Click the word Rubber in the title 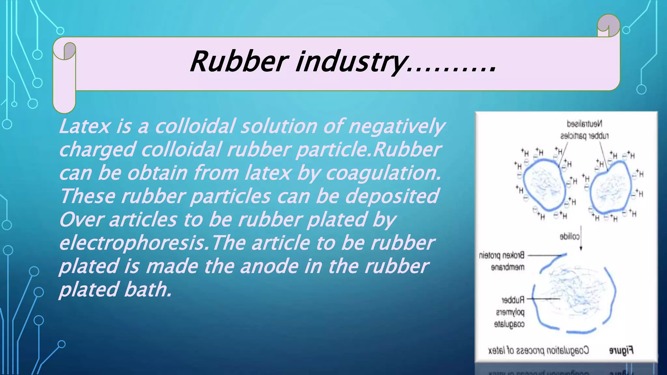click(239, 62)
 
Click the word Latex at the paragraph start click(85, 126)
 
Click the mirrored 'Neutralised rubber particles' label click(585, 130)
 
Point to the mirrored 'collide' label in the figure click(570, 237)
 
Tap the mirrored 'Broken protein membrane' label click(502, 261)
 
